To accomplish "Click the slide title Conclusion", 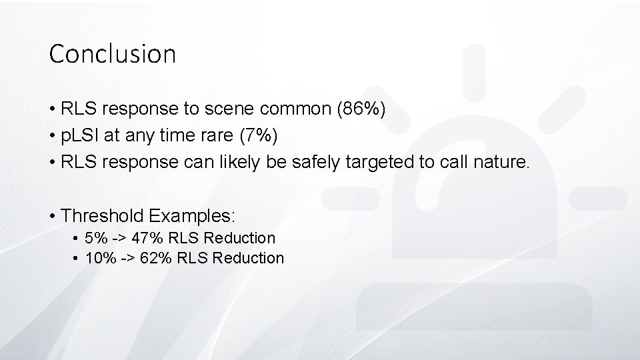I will point(112,54).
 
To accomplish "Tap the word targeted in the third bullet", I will point(357,163).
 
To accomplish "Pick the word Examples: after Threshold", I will point(192,216).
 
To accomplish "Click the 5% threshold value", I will point(96,237).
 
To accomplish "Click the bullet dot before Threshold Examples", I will point(52,216).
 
